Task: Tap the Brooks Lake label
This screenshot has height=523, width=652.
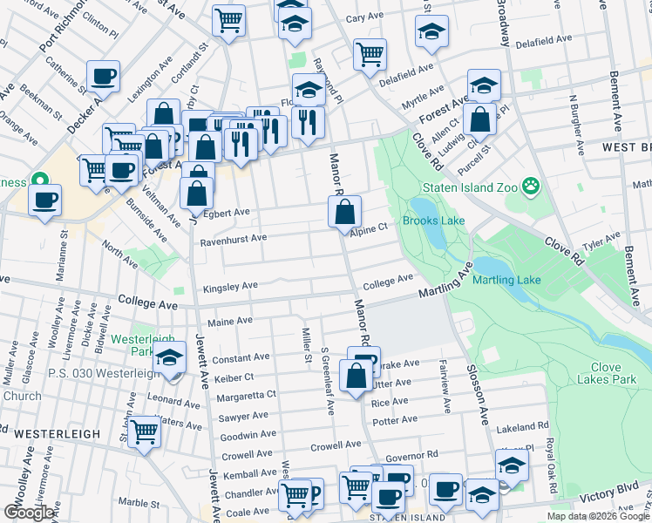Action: click(433, 221)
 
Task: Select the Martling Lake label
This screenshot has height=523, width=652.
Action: click(506, 280)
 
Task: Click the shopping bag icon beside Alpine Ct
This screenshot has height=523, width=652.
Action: click(345, 211)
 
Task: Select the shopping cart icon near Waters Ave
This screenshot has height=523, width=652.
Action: click(144, 431)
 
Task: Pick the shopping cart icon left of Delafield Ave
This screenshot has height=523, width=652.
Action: click(370, 54)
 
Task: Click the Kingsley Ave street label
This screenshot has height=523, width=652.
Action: click(230, 286)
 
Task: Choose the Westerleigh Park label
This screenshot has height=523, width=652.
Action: click(142, 345)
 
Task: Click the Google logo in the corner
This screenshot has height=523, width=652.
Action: click(30, 513)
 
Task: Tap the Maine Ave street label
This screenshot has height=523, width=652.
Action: click(230, 320)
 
